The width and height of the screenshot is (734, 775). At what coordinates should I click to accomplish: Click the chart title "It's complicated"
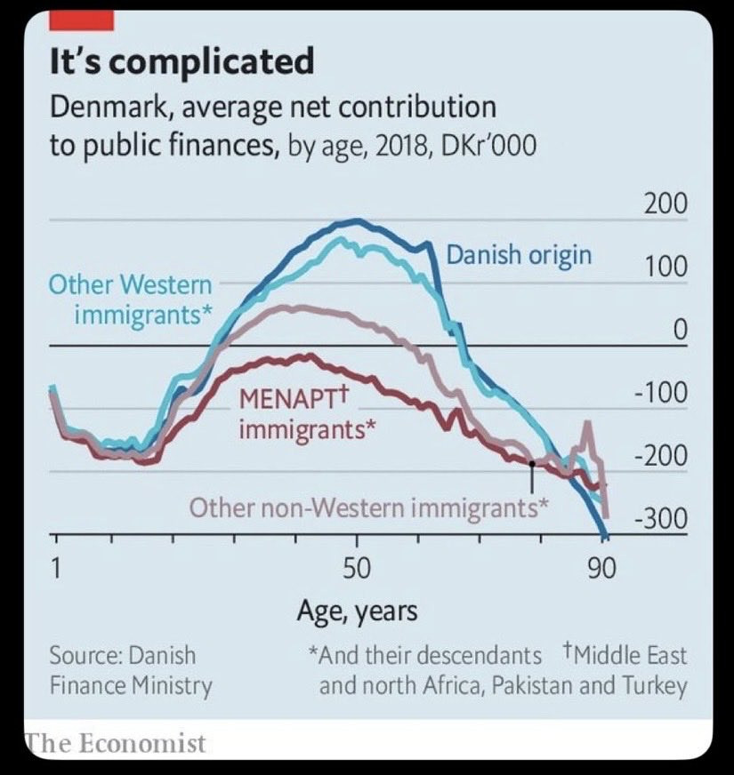point(181,62)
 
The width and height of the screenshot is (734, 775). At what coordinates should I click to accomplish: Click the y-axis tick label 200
point(665,204)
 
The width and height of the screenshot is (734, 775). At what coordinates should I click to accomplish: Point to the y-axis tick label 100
point(665,267)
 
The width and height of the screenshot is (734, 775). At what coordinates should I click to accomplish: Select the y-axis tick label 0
point(680,330)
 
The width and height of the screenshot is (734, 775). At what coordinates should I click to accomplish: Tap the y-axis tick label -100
point(660,393)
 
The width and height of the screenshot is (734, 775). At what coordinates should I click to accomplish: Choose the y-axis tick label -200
point(660,456)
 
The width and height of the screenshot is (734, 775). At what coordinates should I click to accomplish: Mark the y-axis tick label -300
point(660,519)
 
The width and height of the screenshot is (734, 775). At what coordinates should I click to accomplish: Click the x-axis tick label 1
point(55,569)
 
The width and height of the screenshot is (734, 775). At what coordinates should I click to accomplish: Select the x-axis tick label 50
point(356,569)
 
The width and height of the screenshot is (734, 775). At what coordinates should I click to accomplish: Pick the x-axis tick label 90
point(602,569)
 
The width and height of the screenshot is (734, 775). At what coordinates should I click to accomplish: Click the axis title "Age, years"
point(357,611)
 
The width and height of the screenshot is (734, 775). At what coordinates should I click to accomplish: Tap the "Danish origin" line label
point(519,256)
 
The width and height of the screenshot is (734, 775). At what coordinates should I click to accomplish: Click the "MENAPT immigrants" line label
point(305,414)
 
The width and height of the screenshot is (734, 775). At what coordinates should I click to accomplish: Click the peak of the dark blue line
point(356,220)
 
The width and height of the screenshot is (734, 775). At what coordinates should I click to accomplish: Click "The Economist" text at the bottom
point(115,743)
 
